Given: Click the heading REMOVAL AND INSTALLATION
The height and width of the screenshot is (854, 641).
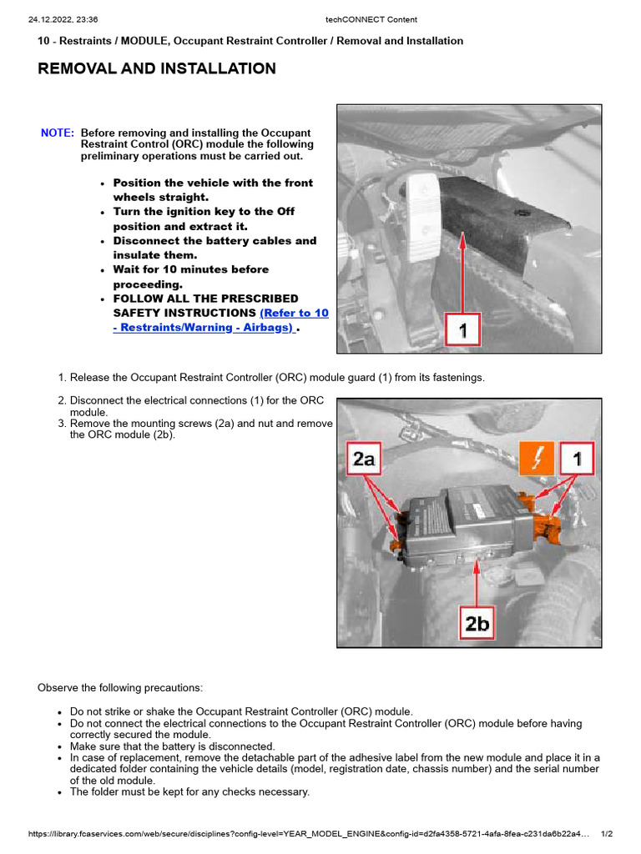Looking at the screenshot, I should tap(157, 68).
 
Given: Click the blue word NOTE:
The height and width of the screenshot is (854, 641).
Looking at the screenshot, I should tap(58, 133).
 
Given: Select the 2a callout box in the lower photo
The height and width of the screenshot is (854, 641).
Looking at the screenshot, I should tap(365, 459).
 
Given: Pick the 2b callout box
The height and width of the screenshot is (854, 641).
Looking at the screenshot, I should tap(477, 623).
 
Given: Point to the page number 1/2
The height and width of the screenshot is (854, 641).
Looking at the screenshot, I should tap(607, 834).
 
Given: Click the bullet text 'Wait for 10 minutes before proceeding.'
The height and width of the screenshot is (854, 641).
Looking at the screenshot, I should tap(191, 277).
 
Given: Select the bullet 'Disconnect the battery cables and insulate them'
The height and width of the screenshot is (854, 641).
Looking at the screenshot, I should tap(215, 248).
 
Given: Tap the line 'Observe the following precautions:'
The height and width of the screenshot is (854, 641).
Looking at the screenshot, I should tap(120, 688).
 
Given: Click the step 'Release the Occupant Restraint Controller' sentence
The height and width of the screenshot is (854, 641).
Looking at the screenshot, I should tap(276, 378).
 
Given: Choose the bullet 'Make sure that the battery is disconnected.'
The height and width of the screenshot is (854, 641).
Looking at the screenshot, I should tap(172, 746).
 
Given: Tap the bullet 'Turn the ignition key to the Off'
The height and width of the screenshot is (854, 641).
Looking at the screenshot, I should tap(204, 219).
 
